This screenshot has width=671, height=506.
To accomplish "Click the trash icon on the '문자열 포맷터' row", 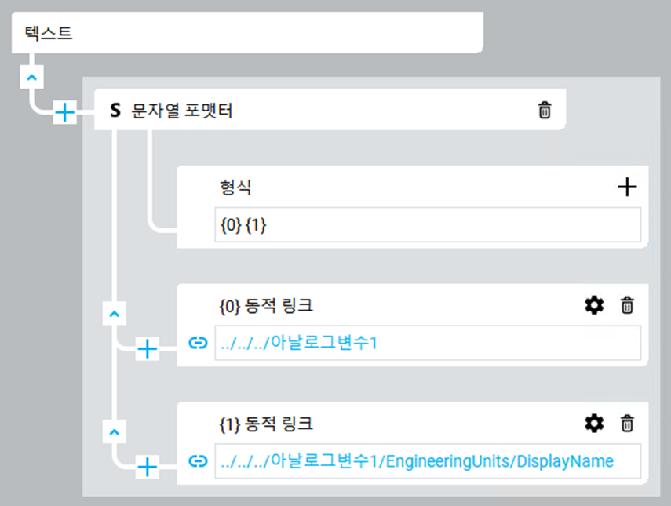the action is (545, 110).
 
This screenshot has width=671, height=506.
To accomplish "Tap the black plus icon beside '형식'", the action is (627, 187).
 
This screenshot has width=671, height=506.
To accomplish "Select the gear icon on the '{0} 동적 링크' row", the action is (594, 305).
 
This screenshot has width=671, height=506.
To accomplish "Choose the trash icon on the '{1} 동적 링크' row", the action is (627, 424).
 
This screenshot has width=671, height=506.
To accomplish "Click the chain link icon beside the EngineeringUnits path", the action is (198, 461).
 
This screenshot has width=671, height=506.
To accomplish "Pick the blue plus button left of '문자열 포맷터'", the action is (64, 112).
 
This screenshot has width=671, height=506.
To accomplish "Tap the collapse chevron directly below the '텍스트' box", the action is (31, 78).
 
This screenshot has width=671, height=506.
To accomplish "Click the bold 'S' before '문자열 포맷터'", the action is (115, 111).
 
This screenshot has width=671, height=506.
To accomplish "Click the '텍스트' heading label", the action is (49, 33).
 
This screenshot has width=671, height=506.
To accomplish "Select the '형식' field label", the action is (235, 187).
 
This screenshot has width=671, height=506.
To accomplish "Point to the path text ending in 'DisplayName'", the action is (418, 461).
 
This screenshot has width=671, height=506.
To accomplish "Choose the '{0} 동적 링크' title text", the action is (266, 306).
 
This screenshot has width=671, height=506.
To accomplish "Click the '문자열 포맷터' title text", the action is (182, 111).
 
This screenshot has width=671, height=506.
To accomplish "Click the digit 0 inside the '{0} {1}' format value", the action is (231, 225).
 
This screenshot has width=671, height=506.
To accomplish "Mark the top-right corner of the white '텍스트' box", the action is (483, 12).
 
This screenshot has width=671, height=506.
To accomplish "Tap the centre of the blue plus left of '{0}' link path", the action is (148, 348).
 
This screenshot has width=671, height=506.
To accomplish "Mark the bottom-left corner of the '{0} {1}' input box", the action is (215, 242).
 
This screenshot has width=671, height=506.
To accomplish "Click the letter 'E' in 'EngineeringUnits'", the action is (390, 461).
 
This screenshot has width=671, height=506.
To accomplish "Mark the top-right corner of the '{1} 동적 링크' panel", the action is (648, 402).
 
